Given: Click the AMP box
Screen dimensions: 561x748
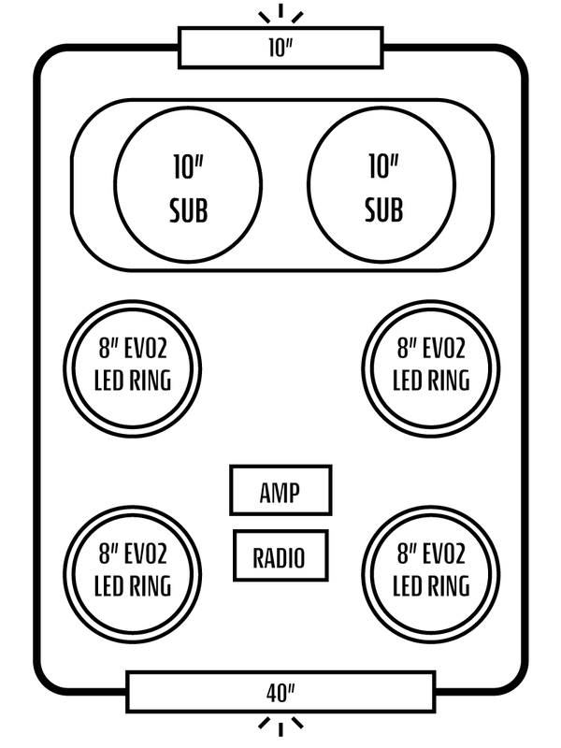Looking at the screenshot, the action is click(280, 490).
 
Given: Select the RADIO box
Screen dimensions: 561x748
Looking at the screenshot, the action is click(280, 555).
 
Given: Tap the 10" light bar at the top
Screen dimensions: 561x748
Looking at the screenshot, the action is click(280, 48).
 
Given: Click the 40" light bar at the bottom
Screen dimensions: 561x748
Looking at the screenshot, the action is click(280, 692).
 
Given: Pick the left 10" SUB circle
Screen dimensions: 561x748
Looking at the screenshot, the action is click(188, 184).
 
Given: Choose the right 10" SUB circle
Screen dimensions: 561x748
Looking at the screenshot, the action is click(381, 184).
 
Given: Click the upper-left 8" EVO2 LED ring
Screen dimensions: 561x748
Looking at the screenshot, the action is click(132, 368).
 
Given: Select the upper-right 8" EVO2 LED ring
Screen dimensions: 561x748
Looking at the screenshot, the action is click(431, 368).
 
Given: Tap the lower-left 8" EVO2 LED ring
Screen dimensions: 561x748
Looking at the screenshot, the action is click(132, 574).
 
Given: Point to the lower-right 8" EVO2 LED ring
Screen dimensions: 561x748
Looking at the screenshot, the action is click(431, 574).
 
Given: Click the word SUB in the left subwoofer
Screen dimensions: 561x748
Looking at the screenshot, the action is click(189, 210).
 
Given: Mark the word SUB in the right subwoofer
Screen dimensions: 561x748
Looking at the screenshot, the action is click(384, 210).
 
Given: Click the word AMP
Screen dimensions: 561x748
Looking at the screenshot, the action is click(280, 493).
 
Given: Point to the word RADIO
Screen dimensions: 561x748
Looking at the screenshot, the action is click(279, 557).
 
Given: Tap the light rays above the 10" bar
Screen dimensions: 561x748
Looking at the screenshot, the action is click(280, 13).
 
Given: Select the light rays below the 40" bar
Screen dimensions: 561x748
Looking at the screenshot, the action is click(280, 726).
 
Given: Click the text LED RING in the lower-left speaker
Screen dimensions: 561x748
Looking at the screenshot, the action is click(133, 586).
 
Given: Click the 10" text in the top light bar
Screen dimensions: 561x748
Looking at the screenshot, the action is click(280, 48).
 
